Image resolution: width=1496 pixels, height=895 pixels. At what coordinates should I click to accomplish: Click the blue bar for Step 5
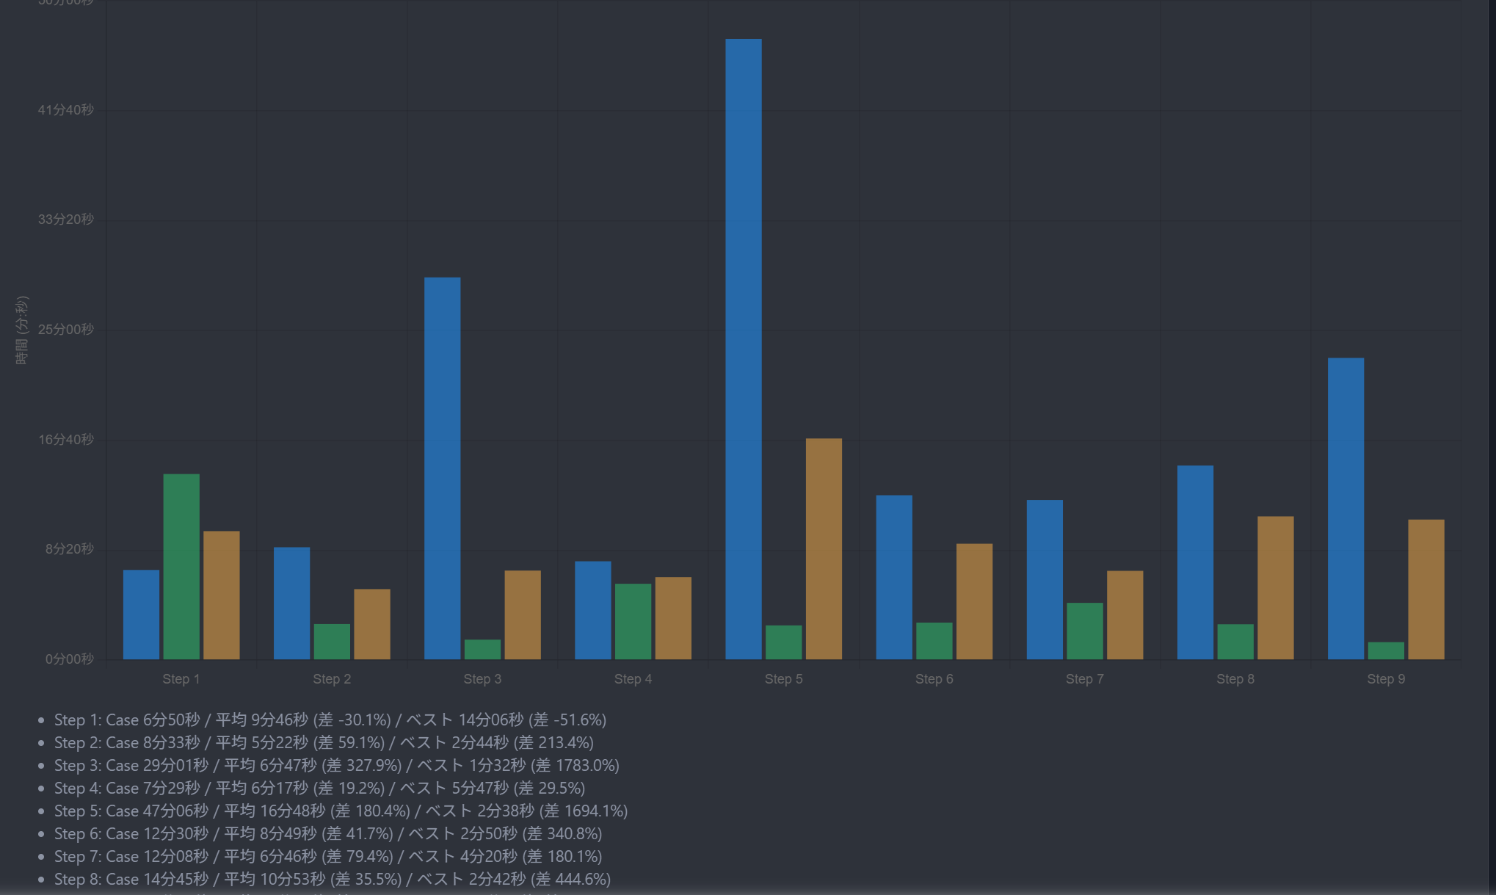pyautogui.click(x=743, y=349)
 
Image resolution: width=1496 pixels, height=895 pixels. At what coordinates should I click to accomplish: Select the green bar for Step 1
pyautogui.click(x=181, y=566)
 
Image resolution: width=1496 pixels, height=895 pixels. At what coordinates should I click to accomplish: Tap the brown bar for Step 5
pyautogui.click(x=824, y=548)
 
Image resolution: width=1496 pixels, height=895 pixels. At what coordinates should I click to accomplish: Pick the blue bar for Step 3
pyautogui.click(x=442, y=468)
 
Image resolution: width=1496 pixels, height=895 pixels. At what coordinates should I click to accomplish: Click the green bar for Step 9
pyautogui.click(x=1386, y=651)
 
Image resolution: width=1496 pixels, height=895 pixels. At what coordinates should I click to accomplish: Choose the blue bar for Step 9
pyautogui.click(x=1346, y=508)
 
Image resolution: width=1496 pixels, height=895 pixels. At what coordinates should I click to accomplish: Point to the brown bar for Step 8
pyautogui.click(x=1275, y=587)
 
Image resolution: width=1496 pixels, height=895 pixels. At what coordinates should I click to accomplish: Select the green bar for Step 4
pyautogui.click(x=633, y=621)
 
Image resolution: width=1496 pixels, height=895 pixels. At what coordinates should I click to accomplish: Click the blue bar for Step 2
pyautogui.click(x=291, y=603)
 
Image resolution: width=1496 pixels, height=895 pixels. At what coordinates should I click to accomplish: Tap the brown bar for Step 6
pyautogui.click(x=974, y=601)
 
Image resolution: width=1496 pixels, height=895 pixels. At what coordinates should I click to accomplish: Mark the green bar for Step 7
pyautogui.click(x=1084, y=631)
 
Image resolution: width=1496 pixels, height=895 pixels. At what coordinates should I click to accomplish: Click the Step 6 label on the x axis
pyautogui.click(x=934, y=679)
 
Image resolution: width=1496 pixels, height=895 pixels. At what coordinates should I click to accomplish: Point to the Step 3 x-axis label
pyautogui.click(x=482, y=679)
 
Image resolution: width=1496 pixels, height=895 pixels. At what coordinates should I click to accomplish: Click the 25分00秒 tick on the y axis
pyautogui.click(x=66, y=329)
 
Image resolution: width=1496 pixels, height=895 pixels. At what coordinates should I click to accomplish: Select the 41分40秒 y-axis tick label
pyautogui.click(x=66, y=109)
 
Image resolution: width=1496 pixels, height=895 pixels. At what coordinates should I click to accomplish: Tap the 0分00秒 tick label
pyautogui.click(x=70, y=659)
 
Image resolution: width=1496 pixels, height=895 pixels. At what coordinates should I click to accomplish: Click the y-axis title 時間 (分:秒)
pyautogui.click(x=22, y=330)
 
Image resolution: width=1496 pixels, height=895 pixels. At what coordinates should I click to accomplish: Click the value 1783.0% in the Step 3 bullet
pyautogui.click(x=583, y=765)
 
